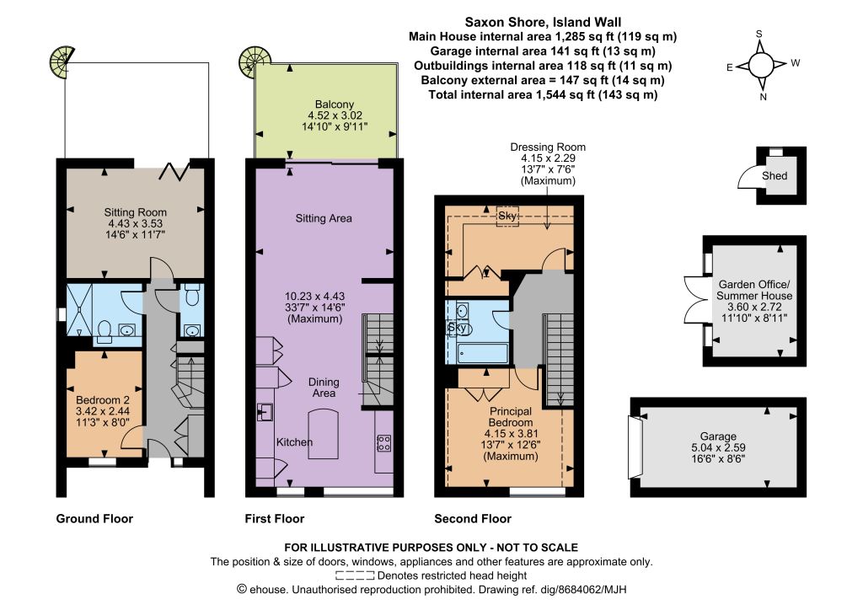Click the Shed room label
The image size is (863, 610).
775,176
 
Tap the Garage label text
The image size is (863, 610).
718,436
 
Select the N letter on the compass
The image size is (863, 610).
764,98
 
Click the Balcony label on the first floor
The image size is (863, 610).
335,104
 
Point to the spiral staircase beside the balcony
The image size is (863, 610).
255,60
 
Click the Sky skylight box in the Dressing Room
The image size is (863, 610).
507,217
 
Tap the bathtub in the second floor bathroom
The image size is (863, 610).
483,353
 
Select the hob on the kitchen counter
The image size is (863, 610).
384,443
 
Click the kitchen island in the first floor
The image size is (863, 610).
323,433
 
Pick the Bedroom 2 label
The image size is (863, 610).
103,400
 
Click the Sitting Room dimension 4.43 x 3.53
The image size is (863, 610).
135,224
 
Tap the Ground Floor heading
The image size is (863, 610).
94,519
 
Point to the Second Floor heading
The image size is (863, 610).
473,519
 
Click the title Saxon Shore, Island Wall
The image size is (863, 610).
544,23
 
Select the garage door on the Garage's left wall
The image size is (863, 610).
635,447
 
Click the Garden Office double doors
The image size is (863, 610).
695,299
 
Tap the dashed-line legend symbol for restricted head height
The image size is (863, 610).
355,576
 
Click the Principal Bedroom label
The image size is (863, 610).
511,417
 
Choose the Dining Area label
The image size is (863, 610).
324,388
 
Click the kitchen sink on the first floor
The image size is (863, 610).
265,411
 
